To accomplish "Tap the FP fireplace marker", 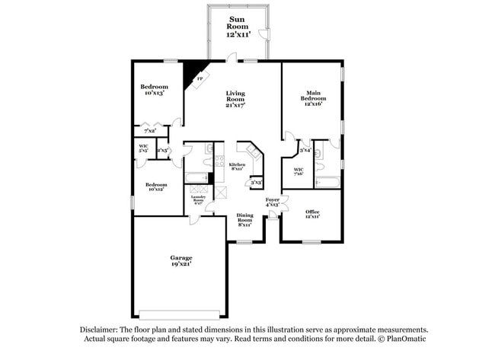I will (x=200, y=78).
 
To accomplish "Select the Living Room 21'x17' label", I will (x=235, y=100).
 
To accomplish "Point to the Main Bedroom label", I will (x=313, y=98).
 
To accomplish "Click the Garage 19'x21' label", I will (x=180, y=261).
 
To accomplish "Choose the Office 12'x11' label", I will (x=312, y=214).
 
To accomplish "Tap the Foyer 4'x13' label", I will (x=273, y=202).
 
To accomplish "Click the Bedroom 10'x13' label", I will (x=155, y=90).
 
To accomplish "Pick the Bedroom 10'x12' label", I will (x=156, y=186).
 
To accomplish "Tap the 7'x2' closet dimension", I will (x=149, y=131).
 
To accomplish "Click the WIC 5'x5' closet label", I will (x=143, y=148).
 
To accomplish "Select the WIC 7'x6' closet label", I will (x=299, y=172).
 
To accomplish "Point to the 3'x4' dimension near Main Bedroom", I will (x=305, y=149).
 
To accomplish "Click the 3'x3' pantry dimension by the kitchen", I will (x=257, y=183).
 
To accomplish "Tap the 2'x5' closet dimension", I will (x=162, y=150).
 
